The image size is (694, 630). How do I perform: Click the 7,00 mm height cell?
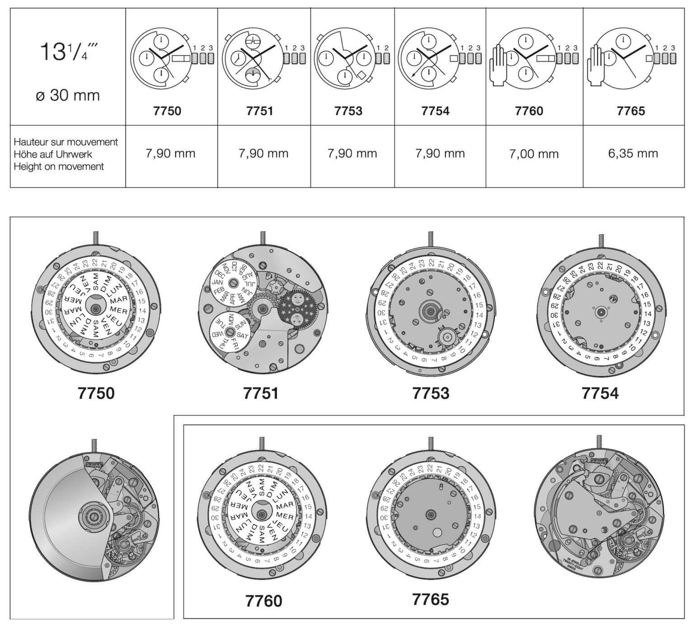[x=534, y=154]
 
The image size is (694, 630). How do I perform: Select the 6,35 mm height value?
[x=633, y=153]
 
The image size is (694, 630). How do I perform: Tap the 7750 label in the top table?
[x=167, y=111]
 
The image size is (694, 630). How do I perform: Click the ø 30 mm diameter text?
[x=68, y=95]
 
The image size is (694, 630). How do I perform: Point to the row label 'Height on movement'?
[x=59, y=167]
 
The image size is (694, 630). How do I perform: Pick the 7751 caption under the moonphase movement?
[x=261, y=393]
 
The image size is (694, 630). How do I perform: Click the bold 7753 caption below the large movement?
[x=431, y=393]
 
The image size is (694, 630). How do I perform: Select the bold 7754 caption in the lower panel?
[x=600, y=393]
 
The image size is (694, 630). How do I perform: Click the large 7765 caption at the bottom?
[x=431, y=599]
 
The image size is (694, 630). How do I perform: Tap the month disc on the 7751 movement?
[x=233, y=282]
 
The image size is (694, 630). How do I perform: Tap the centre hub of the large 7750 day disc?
[x=96, y=308]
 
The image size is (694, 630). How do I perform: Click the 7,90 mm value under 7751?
[x=263, y=153]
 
